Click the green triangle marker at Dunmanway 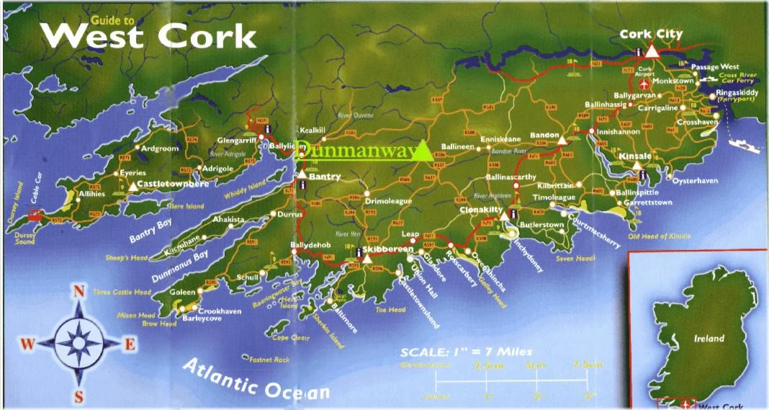pyautogui.click(x=423, y=151)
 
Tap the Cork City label pyautogui.click(x=651, y=35)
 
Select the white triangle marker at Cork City pyautogui.click(x=652, y=50)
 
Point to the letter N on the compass pyautogui.click(x=79, y=292)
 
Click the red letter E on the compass pyautogui.click(x=130, y=344)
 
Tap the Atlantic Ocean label pyautogui.click(x=256, y=380)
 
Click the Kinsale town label pyautogui.click(x=635, y=156)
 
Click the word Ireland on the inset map pyautogui.click(x=709, y=338)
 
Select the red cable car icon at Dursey pyautogui.click(x=34, y=215)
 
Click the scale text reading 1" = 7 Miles pyautogui.click(x=466, y=352)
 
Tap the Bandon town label pyautogui.click(x=544, y=135)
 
